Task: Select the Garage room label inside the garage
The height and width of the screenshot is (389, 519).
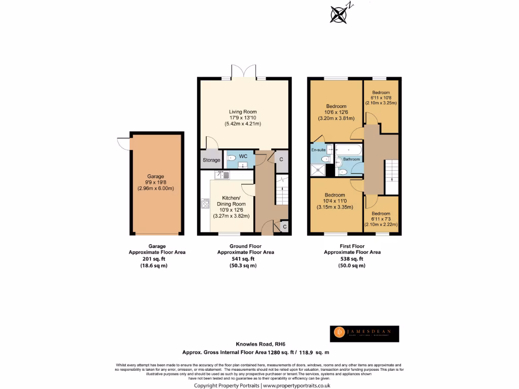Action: click(156, 176)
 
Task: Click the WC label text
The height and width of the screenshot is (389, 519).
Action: click(243, 156)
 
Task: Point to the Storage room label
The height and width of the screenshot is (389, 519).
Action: click(211, 160)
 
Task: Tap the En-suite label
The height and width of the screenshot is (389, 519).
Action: click(318, 150)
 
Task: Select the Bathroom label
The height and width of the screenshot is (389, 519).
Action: click(351, 159)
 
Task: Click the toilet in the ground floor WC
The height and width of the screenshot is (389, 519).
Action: click(231, 158)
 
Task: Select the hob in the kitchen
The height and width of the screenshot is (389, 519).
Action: click(205, 204)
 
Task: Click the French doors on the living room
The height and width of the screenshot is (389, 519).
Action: click(244, 71)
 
